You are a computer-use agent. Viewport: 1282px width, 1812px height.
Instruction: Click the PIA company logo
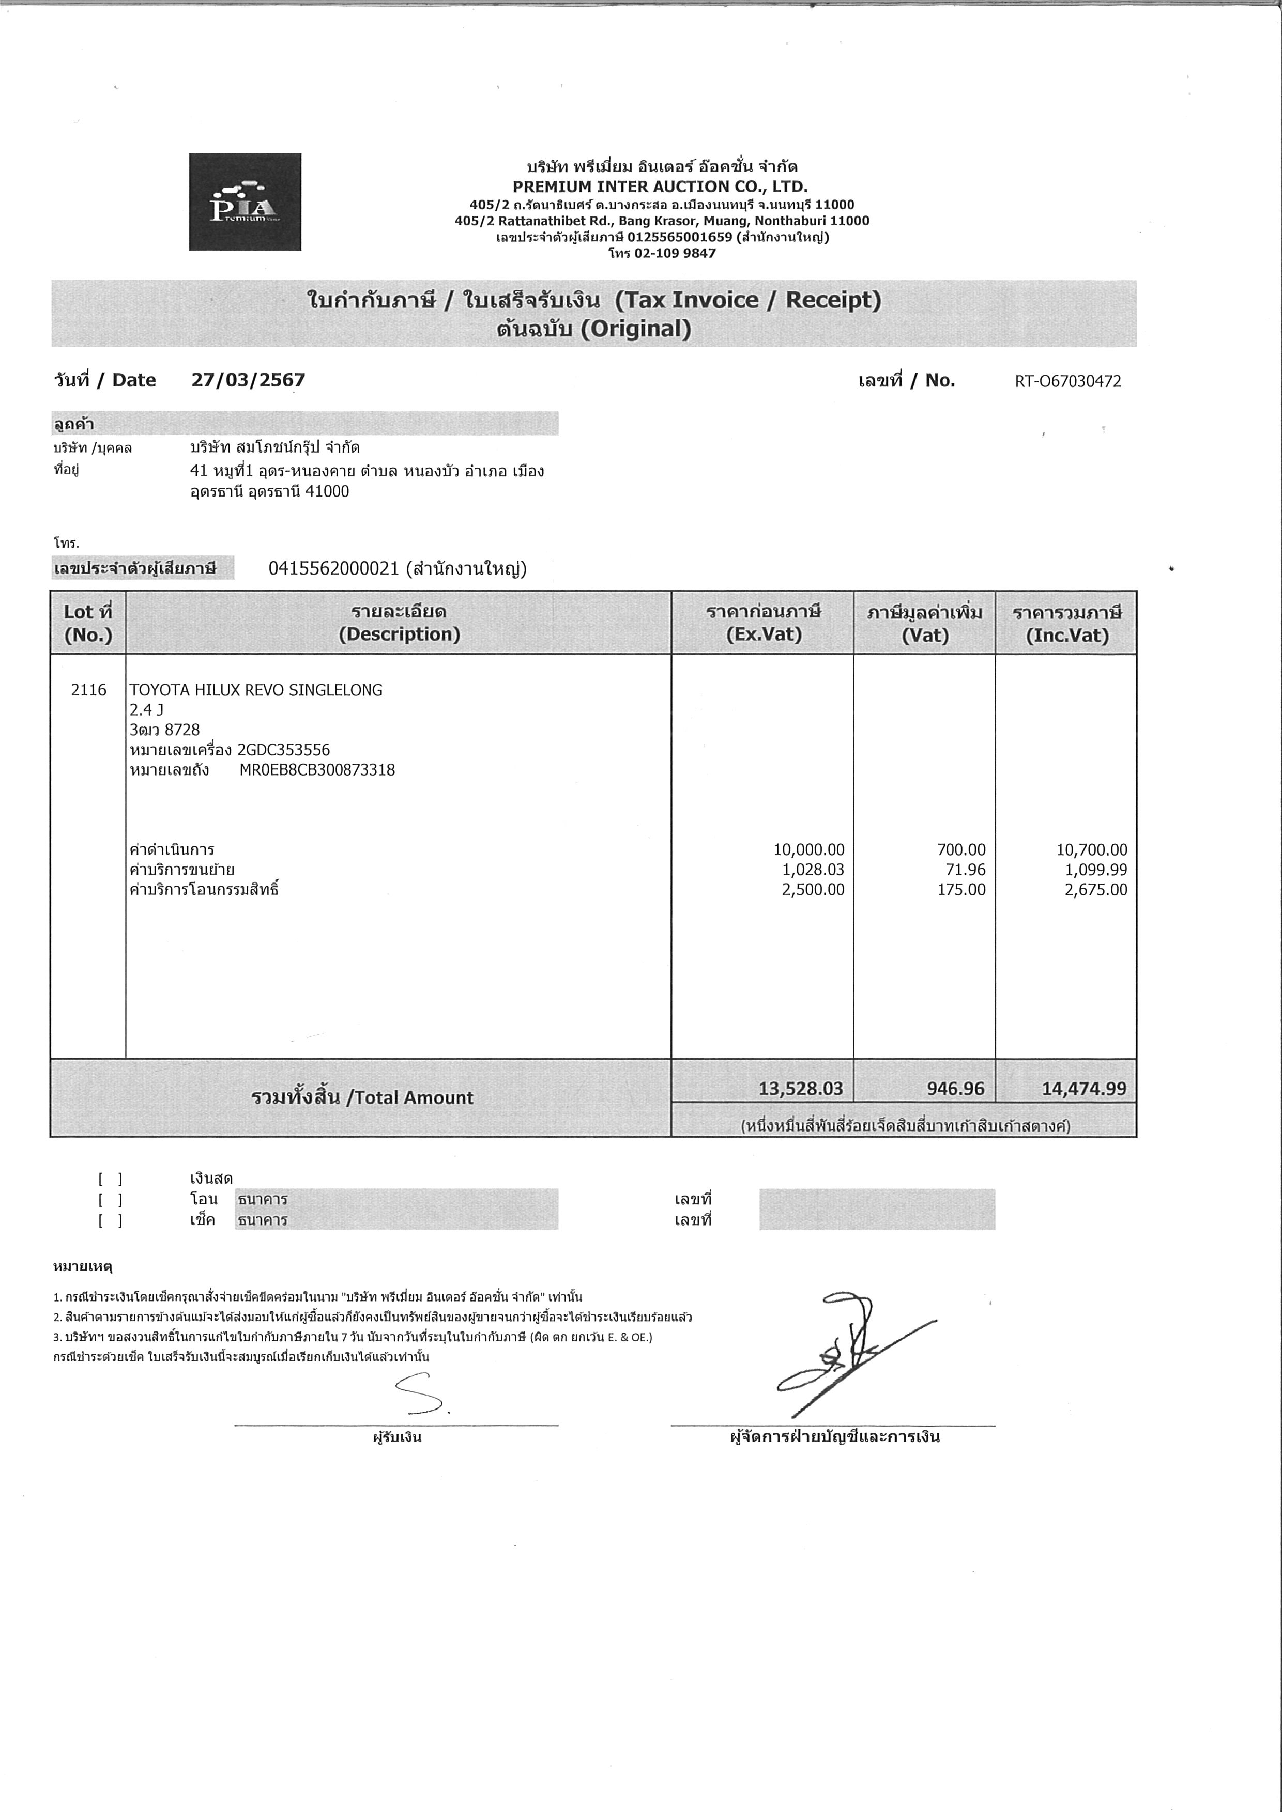(x=245, y=202)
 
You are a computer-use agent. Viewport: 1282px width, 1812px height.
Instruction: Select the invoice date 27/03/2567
(x=248, y=380)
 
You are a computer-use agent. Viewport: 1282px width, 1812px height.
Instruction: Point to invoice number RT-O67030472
(x=1067, y=382)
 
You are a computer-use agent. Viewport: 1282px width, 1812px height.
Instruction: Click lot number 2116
(x=88, y=690)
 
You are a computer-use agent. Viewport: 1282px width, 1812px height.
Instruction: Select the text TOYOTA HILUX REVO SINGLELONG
(x=256, y=690)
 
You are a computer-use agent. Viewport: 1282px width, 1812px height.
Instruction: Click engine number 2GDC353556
(x=283, y=750)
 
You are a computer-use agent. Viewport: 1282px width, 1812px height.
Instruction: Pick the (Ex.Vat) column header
(x=764, y=634)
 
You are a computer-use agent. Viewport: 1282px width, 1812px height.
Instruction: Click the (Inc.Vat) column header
(x=1066, y=636)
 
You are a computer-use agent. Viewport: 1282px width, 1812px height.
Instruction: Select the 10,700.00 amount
(x=1092, y=850)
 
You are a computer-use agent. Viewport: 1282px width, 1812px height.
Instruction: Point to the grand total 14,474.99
(x=1084, y=1089)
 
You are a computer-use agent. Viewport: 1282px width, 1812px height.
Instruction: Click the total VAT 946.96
(x=955, y=1089)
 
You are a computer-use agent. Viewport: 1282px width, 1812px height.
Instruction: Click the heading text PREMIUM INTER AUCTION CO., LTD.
(x=660, y=187)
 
